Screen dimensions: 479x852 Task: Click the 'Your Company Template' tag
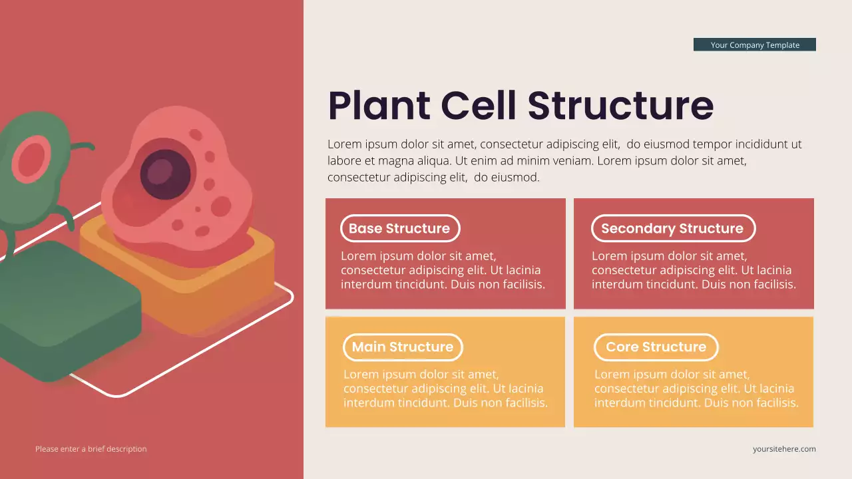click(x=754, y=45)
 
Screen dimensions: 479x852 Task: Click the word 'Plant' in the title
click(x=379, y=105)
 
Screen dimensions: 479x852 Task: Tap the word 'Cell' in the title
click(x=479, y=105)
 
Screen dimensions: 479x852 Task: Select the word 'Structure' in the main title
click(x=620, y=105)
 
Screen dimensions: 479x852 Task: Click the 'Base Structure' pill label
click(x=399, y=228)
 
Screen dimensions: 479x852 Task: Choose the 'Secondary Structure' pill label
click(x=672, y=228)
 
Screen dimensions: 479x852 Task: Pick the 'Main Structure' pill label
click(x=402, y=347)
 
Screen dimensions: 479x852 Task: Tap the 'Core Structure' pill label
click(x=656, y=347)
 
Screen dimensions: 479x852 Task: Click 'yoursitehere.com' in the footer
click(x=784, y=449)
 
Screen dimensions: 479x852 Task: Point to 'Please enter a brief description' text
click(x=91, y=449)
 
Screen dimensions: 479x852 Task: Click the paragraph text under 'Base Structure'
click(x=443, y=270)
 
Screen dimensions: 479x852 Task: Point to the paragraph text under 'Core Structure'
click(x=695, y=389)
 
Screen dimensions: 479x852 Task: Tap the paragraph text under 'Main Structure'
click(x=445, y=389)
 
